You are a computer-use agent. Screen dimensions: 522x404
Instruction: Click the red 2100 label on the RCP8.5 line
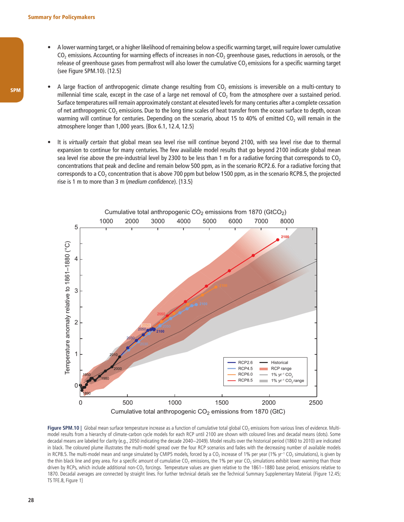pyautogui.click(x=285, y=236)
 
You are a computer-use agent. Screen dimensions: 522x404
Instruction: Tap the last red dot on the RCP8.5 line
pyautogui.click(x=278, y=240)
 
